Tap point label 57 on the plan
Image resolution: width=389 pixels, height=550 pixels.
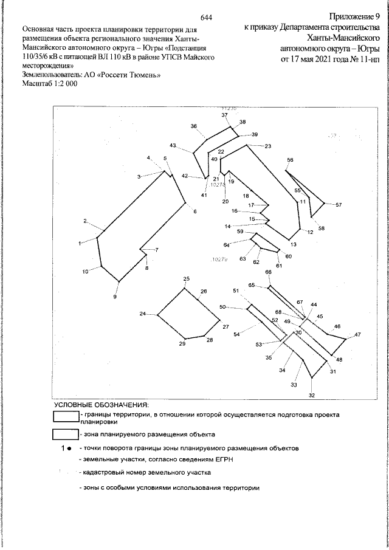(339, 205)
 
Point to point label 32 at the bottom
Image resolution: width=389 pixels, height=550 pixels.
(312, 395)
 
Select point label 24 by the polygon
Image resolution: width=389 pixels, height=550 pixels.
(143, 314)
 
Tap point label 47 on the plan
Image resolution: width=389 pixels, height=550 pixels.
(357, 335)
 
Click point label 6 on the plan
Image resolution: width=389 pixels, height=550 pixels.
(195, 211)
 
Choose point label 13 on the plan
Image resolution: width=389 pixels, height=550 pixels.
(293, 244)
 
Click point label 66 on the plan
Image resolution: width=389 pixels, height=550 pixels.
(268, 272)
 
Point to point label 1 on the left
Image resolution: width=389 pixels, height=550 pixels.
(80, 243)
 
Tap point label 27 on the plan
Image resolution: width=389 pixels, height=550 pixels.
(225, 327)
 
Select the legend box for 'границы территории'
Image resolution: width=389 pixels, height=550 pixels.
(66, 416)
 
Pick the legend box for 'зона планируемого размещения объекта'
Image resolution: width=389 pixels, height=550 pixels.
(66, 435)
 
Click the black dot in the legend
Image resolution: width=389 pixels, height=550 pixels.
(70, 448)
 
